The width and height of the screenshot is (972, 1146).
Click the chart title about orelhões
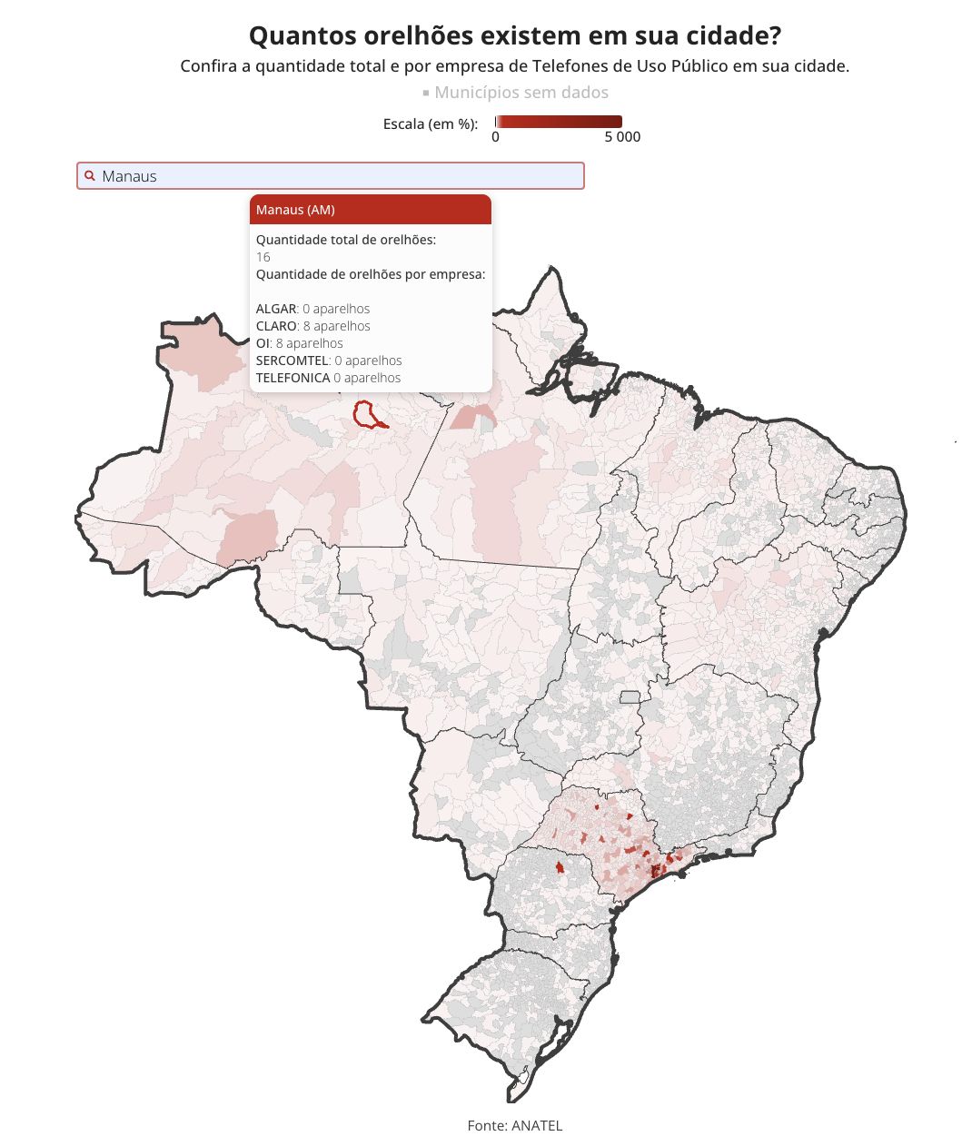pyautogui.click(x=514, y=36)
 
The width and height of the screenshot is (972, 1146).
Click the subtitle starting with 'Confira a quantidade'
pyautogui.click(x=514, y=66)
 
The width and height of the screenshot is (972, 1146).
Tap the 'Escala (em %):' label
pyautogui.click(x=431, y=123)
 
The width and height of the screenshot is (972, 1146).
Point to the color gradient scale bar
pyautogui.click(x=559, y=122)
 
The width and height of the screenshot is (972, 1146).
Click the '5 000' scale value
pyautogui.click(x=622, y=137)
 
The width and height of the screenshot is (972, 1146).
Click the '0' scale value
pyautogui.click(x=495, y=137)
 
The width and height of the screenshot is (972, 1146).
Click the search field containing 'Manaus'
pyautogui.click(x=331, y=176)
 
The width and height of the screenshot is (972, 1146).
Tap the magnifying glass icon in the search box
pyautogui.click(x=90, y=176)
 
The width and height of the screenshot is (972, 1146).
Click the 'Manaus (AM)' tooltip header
pyautogui.click(x=371, y=210)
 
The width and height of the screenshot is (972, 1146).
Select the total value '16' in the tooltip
pyautogui.click(x=263, y=257)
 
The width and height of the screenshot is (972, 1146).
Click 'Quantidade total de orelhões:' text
pyautogui.click(x=346, y=240)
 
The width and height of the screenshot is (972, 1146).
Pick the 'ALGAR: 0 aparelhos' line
pyautogui.click(x=312, y=309)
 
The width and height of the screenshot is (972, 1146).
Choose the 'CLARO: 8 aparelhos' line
pyautogui.click(x=313, y=326)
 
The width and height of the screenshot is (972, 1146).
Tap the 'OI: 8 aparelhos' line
pyautogui.click(x=300, y=343)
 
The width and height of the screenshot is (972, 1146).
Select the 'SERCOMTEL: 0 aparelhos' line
pyautogui.click(x=329, y=361)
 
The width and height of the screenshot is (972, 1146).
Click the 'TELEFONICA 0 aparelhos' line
pyautogui.click(x=328, y=378)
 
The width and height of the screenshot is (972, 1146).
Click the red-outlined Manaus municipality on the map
pyautogui.click(x=367, y=413)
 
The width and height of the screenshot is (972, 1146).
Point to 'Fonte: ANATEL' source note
pyautogui.click(x=515, y=1125)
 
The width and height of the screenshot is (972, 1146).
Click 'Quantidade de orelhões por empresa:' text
pyautogui.click(x=371, y=274)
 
